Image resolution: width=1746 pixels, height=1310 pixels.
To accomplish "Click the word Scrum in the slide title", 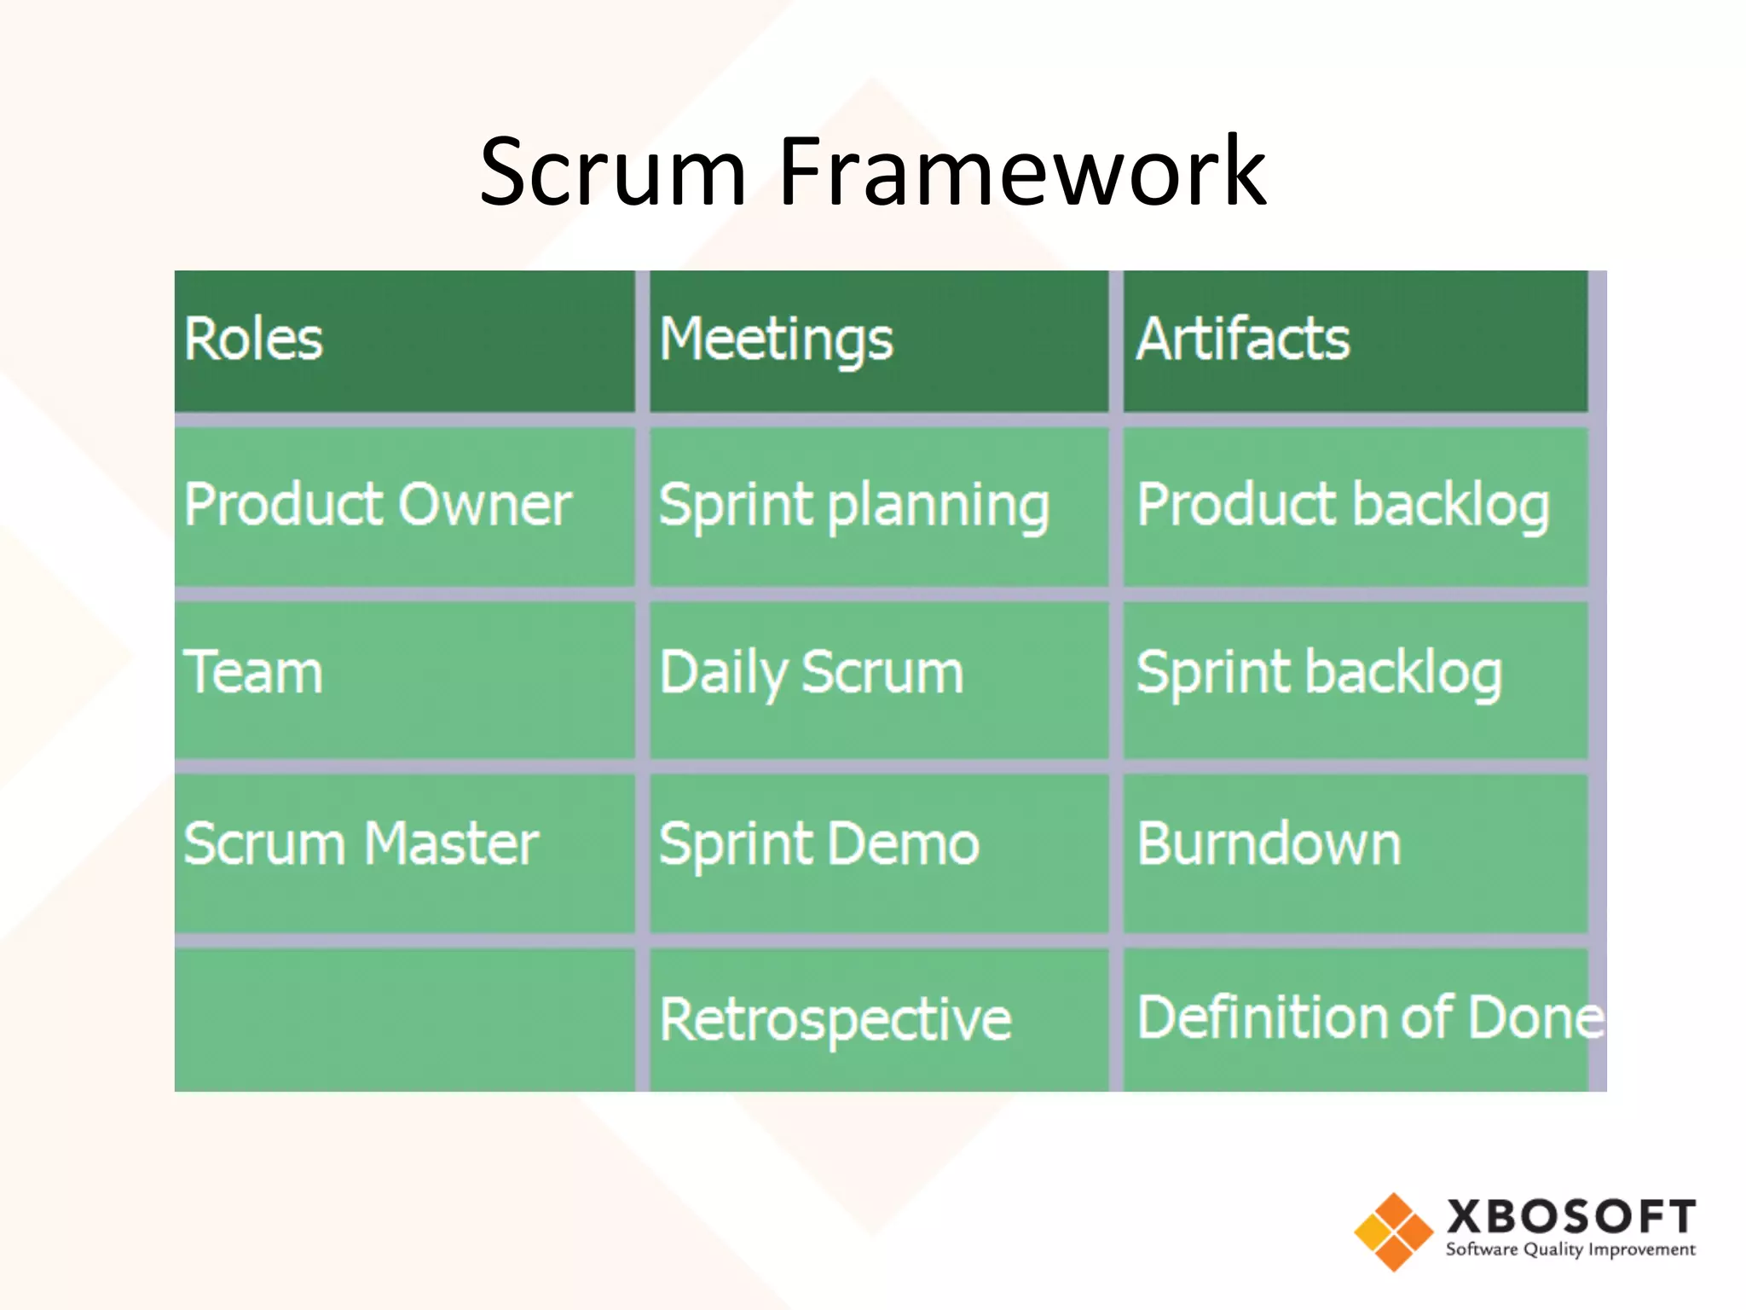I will coord(612,173).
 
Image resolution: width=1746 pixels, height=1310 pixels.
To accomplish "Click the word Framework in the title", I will coord(1021,173).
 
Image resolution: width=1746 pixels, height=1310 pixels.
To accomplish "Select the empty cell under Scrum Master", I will coord(404,1019).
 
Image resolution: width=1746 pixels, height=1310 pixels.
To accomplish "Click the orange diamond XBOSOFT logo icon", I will coord(1393,1232).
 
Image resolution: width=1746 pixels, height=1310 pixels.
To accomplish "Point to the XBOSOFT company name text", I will coord(1570,1216).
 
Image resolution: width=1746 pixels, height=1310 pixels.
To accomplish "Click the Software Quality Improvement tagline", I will coord(1570,1250).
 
